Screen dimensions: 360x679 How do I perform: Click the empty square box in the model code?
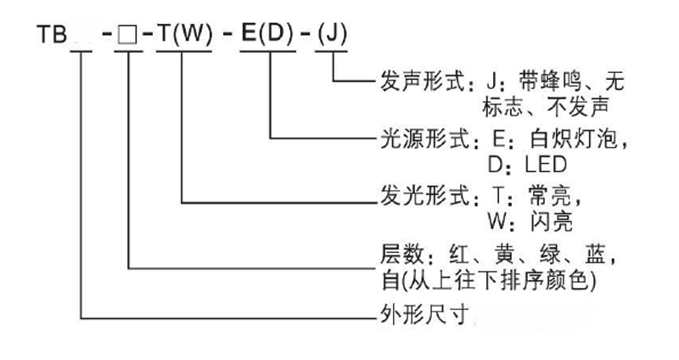coord(130,37)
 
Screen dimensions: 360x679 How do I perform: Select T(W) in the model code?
coord(182,37)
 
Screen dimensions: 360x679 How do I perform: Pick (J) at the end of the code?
coord(331,37)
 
